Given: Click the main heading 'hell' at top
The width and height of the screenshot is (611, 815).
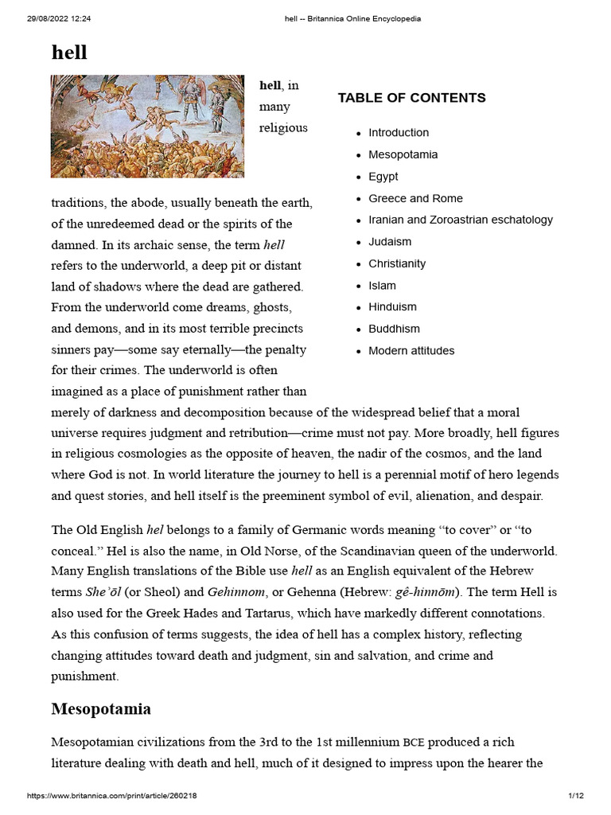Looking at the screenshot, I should [x=69, y=53].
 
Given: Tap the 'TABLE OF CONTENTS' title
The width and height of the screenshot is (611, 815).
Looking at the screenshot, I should [x=411, y=98].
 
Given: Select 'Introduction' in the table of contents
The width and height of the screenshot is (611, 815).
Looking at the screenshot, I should [x=399, y=133].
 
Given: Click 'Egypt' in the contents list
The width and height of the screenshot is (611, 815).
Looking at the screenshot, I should [x=383, y=177].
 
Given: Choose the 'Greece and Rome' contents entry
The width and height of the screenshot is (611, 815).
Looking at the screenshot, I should [x=415, y=198].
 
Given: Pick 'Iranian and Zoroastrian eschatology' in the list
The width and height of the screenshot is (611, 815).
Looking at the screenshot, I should [x=461, y=220].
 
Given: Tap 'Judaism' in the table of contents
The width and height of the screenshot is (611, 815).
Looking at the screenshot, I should [x=390, y=242].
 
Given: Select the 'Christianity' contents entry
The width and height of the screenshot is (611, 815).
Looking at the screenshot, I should [x=397, y=263].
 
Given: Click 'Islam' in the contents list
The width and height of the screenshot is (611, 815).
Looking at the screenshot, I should [x=382, y=286].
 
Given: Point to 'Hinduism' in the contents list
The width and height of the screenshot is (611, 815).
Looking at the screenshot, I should [x=392, y=307].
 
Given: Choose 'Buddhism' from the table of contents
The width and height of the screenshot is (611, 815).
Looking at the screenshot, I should [x=394, y=329].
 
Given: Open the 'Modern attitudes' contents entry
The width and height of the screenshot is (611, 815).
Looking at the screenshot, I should [x=411, y=351].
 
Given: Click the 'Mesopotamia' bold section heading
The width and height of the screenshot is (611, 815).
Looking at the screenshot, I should [x=101, y=708].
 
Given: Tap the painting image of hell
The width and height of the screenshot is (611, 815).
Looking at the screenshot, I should [x=147, y=126].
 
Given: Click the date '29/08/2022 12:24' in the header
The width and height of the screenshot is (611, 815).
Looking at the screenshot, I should [x=61, y=19].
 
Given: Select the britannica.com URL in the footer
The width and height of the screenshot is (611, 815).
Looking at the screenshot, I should [x=111, y=796].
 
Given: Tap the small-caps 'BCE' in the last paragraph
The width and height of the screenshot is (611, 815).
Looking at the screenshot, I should [x=414, y=743].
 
